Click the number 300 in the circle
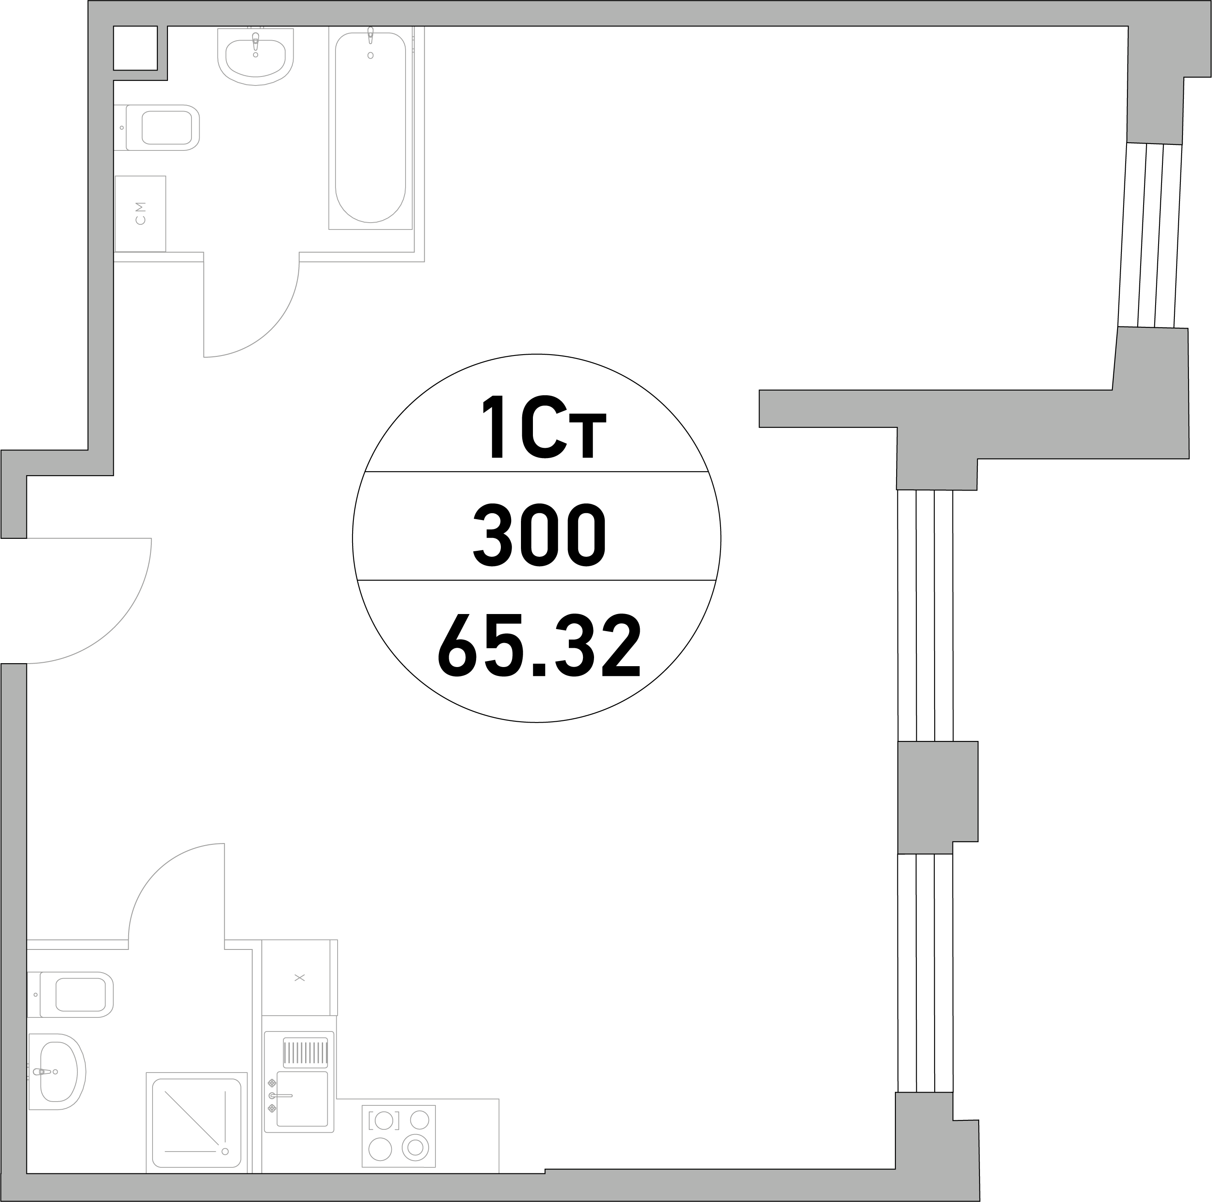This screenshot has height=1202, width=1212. click(x=539, y=535)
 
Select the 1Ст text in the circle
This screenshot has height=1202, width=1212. click(x=543, y=426)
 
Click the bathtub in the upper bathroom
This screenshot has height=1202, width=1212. click(x=370, y=127)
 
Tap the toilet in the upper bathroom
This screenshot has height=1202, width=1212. click(x=157, y=127)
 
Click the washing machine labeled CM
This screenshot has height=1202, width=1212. click(x=140, y=213)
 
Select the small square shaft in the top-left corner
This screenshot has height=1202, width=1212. click(x=135, y=48)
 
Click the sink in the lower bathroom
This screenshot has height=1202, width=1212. click(x=56, y=1072)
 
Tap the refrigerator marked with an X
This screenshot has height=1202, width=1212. click(x=299, y=977)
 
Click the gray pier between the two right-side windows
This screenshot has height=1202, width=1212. click(x=937, y=797)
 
